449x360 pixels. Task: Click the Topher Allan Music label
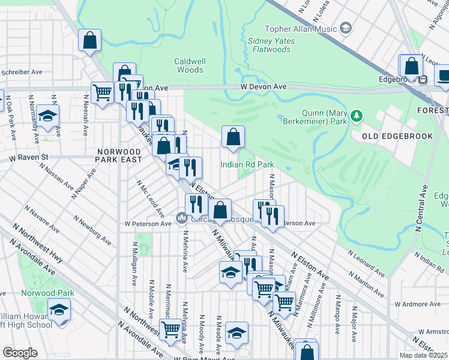[x=301, y=29]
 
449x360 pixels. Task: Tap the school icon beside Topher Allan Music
[x=345, y=28]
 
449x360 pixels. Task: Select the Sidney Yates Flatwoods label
[x=277, y=46]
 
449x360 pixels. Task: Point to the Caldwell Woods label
[x=189, y=65]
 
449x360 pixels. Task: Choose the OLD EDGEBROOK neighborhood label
[x=398, y=136]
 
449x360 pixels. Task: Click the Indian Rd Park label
[x=247, y=164]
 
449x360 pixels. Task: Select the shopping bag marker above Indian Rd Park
[x=233, y=137]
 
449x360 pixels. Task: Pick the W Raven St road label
[x=28, y=158]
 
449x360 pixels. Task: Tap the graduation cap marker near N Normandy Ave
[x=47, y=117]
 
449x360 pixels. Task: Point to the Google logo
[x=20, y=353]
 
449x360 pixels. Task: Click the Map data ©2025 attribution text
[x=423, y=355]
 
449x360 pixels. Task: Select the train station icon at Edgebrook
[x=423, y=78]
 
